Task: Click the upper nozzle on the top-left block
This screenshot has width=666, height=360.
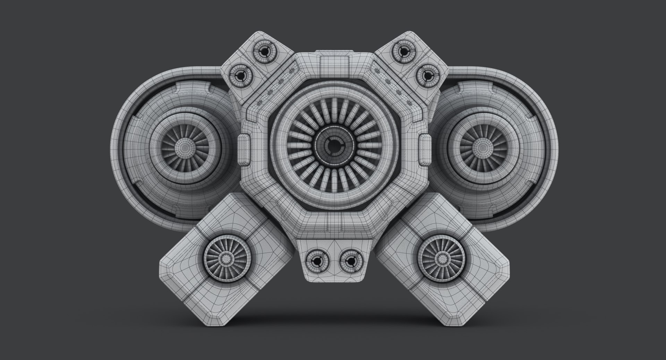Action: (x=265, y=52)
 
